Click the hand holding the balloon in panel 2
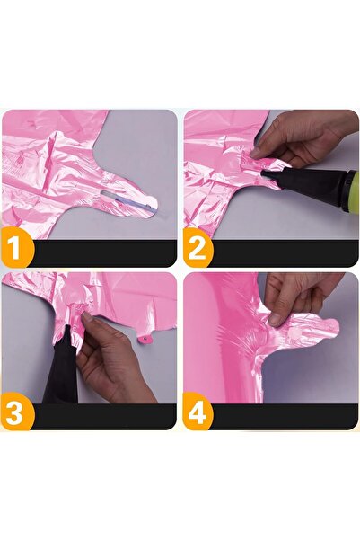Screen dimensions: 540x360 [x=301, y=135]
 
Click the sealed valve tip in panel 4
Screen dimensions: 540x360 [x=329, y=327]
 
